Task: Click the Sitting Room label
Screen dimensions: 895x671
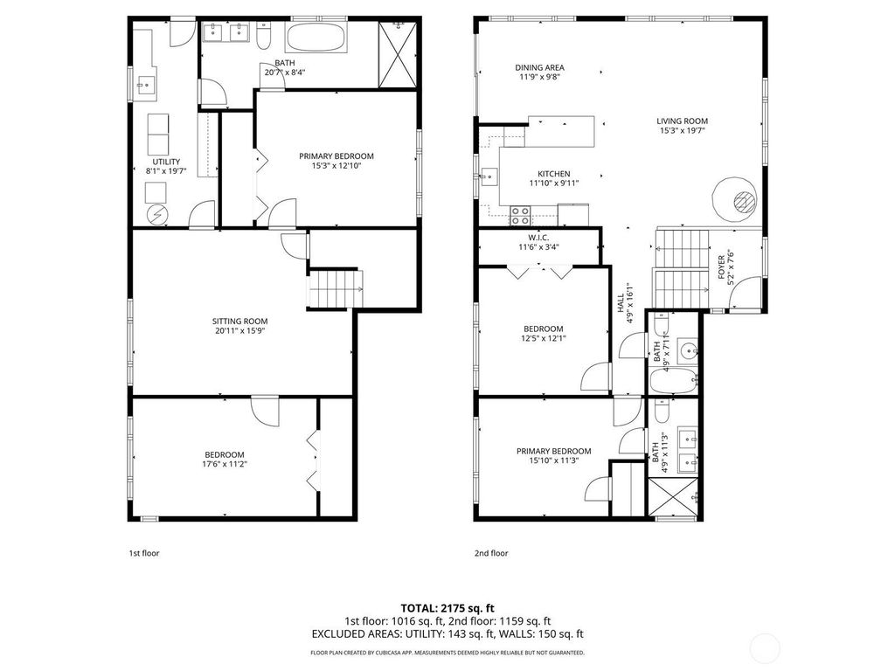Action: tap(239, 322)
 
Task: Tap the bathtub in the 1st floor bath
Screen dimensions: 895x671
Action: tap(316, 38)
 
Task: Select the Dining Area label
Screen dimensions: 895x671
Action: tap(539, 67)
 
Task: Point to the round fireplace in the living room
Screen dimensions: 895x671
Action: tap(735, 200)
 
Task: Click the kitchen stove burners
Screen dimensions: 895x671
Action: tap(520, 215)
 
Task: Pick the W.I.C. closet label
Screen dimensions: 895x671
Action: tap(538, 238)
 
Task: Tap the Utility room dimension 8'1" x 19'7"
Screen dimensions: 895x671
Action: tap(167, 170)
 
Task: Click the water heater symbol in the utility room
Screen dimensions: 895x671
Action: tap(156, 215)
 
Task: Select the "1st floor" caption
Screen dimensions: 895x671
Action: tap(144, 553)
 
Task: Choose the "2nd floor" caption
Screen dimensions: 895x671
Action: tap(491, 553)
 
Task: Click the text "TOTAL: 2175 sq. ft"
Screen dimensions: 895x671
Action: tap(447, 608)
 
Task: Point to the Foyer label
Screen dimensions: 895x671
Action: tap(721, 267)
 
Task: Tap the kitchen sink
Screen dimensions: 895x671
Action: tap(489, 177)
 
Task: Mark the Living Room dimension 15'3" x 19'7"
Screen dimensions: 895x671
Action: tap(682, 131)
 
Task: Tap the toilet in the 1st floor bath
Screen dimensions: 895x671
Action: tap(264, 37)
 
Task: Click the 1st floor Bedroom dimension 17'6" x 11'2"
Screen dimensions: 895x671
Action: tap(225, 464)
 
